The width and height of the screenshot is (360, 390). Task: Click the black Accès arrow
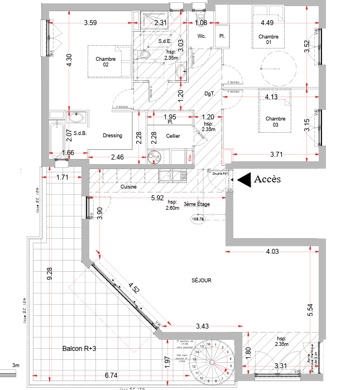pos(244,180)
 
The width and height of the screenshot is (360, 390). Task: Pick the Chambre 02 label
pos(105,62)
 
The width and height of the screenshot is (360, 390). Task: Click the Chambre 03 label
pos(275,122)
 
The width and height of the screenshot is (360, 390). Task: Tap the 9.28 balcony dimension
pos(50,274)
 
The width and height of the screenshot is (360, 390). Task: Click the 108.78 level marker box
pos(198,219)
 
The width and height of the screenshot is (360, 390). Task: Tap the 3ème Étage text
pos(197,205)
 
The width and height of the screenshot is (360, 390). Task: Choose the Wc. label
pos(202,36)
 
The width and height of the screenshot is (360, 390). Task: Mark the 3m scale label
pos(15,366)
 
